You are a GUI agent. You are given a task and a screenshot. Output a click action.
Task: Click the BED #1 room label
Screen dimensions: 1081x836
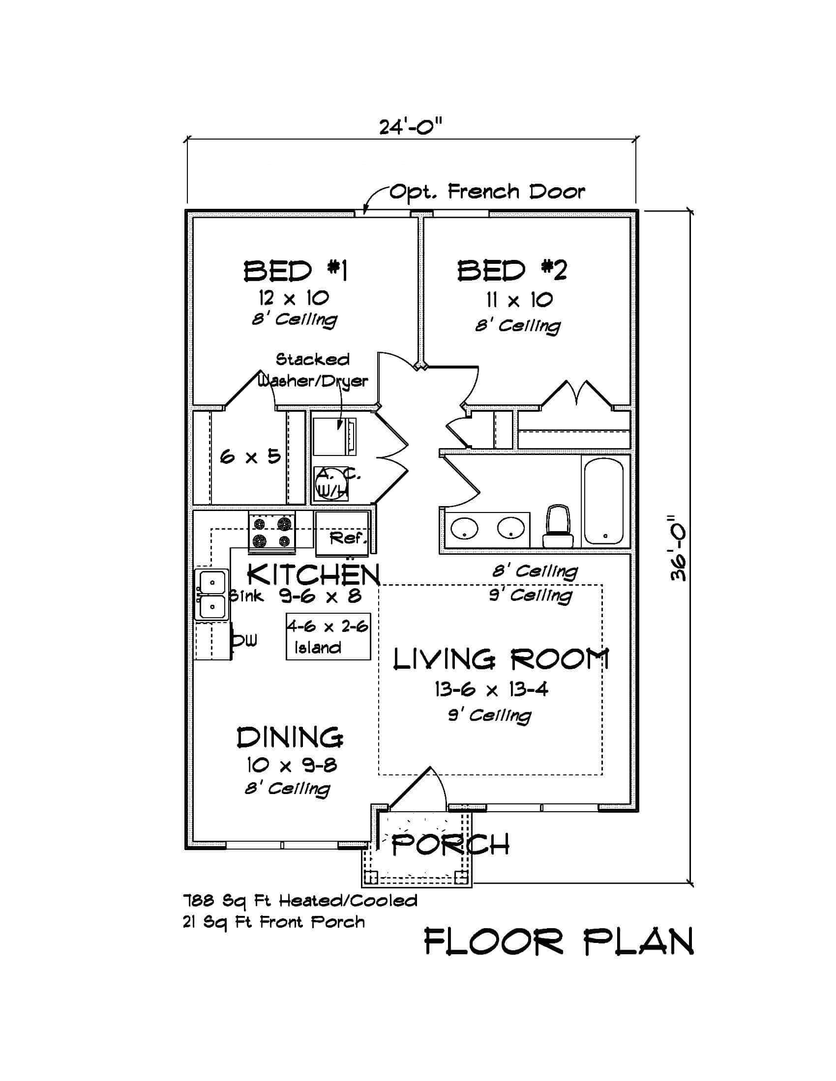point(295,271)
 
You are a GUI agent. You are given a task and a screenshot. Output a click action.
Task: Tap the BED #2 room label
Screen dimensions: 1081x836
point(511,271)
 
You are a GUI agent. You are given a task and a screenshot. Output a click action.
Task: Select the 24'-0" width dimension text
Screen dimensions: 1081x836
point(410,127)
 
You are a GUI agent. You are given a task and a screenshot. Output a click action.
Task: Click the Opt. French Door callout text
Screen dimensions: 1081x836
point(487,192)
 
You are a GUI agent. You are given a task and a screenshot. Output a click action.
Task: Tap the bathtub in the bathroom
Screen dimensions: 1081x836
point(603,501)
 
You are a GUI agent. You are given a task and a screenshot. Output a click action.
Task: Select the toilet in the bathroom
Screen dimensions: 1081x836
point(558,526)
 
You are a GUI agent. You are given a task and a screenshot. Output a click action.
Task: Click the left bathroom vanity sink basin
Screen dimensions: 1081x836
point(464,528)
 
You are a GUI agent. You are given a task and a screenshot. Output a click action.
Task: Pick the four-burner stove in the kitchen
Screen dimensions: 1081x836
point(272,532)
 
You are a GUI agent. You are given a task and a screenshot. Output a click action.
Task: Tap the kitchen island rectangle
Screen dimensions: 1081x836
point(328,636)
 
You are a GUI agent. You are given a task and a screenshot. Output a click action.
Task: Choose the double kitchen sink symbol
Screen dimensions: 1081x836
point(211,595)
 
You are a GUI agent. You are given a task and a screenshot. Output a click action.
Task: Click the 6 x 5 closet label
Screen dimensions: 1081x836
point(250,456)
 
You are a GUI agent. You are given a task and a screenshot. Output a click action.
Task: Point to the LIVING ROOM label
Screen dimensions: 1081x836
point(501,660)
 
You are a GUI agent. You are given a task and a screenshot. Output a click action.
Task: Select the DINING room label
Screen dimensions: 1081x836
point(290,738)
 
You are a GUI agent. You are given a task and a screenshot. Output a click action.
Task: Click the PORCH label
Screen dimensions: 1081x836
point(449,845)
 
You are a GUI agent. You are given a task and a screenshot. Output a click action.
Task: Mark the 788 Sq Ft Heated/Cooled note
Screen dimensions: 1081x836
point(300,901)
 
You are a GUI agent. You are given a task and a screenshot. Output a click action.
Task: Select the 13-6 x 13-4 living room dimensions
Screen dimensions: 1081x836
point(491,689)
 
